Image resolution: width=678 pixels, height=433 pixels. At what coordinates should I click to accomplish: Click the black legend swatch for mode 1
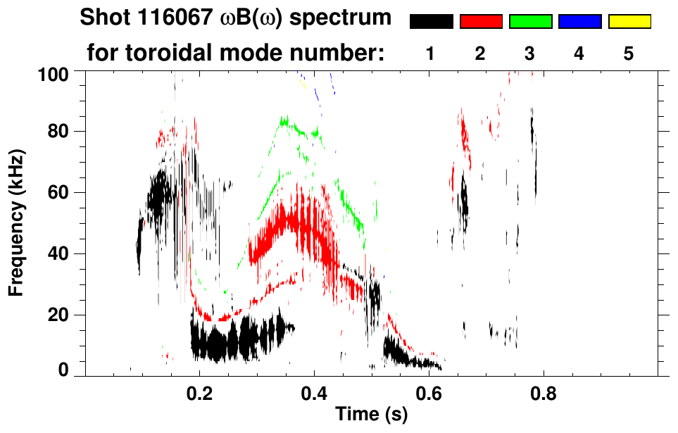pyautogui.click(x=431, y=22)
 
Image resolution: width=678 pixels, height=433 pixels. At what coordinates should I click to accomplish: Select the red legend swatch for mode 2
pyautogui.click(x=481, y=22)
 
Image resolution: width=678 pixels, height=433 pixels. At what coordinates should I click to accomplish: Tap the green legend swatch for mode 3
pyautogui.click(x=530, y=22)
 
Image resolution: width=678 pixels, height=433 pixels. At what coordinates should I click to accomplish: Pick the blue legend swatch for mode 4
pyautogui.click(x=579, y=22)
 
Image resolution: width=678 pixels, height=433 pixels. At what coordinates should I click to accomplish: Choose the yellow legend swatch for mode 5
pyautogui.click(x=629, y=22)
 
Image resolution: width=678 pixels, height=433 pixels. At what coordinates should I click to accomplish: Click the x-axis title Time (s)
pyautogui.click(x=370, y=415)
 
